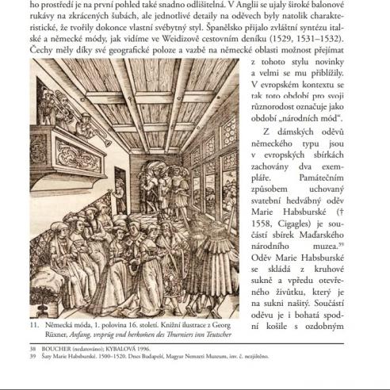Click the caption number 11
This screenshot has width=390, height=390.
pyautogui.click(x=35, y=324)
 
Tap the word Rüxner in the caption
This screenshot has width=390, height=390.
pyautogui.click(x=66, y=334)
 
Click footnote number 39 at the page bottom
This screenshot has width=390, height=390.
pyautogui.click(x=33, y=356)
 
